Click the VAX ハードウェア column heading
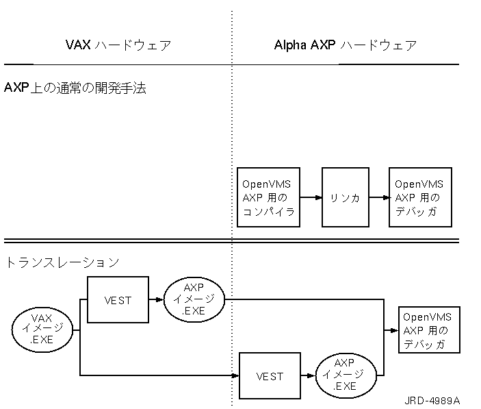[118, 47]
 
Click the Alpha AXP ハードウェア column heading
[345, 47]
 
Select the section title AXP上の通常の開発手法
[75, 88]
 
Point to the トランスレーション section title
[62, 262]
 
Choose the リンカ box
[346, 197]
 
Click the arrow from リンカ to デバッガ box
[379, 197]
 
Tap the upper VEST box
[118, 299]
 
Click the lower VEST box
[270, 375]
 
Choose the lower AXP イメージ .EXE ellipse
[346, 375]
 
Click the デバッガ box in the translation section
[430, 330]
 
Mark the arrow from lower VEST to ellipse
[309, 375]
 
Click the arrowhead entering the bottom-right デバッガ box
[395, 330]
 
